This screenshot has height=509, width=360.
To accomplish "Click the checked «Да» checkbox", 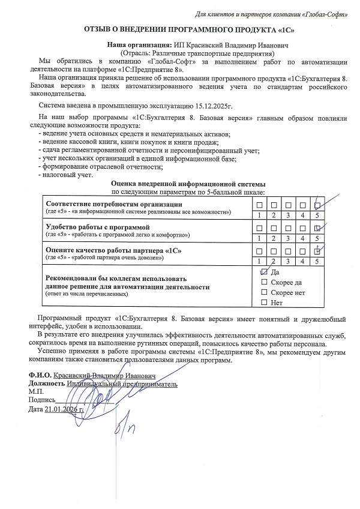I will click(x=264, y=272).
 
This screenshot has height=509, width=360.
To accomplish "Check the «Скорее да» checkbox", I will click(x=264, y=282).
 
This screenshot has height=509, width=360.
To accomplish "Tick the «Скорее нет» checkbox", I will click(x=264, y=292).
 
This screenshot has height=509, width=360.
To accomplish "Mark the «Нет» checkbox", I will click(x=264, y=303).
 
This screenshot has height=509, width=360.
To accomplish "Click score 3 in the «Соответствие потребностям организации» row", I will click(x=288, y=215).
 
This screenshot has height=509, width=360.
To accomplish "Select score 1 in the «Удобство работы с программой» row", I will click(x=259, y=238).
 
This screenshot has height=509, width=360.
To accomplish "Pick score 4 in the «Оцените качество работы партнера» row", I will click(x=302, y=261).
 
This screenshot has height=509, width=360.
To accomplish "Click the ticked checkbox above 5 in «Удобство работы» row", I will click(x=317, y=227).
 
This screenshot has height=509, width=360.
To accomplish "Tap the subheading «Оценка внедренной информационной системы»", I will click(x=188, y=184).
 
